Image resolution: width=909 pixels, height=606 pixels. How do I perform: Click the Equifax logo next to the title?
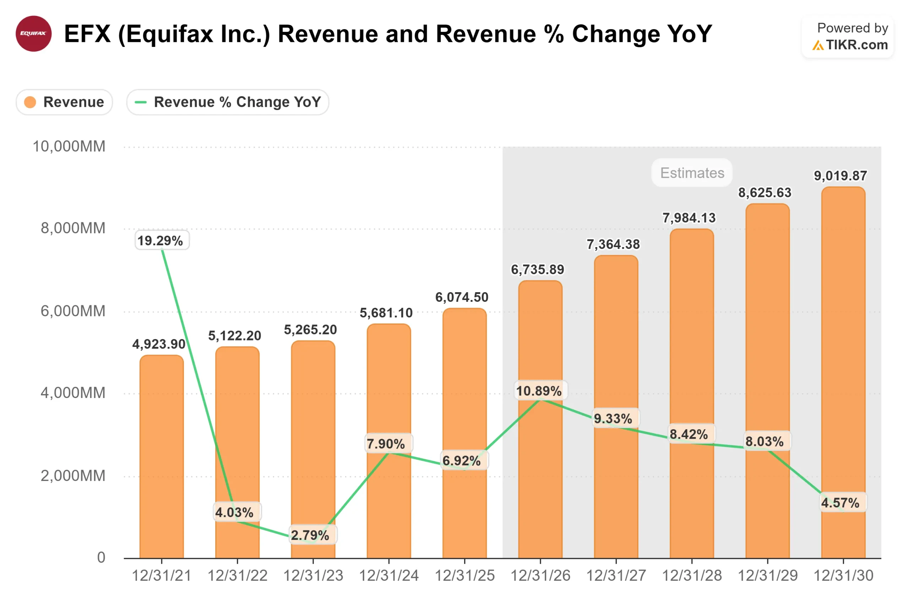pos(33,34)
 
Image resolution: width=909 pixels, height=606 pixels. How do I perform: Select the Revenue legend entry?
pos(65,102)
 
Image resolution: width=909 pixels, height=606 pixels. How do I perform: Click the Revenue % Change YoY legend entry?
pos(228,102)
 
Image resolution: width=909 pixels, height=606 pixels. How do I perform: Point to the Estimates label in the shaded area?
pos(692,173)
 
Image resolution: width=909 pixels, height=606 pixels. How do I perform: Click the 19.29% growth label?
pos(160,241)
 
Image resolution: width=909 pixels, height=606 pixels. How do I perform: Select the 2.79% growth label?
pos(310,535)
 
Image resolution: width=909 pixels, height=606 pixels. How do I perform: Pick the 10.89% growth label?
pos(539,391)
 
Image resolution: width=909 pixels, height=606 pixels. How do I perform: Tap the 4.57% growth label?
pos(840,503)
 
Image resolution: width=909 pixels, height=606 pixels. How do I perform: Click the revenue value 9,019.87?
pos(840,176)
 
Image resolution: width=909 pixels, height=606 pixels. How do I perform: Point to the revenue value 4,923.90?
pos(159,344)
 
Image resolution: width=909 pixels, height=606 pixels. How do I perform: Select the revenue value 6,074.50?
pos(462,297)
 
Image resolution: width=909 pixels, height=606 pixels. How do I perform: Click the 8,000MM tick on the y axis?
pos(73,228)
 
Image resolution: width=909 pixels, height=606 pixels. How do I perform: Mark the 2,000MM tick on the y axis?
pos(73,476)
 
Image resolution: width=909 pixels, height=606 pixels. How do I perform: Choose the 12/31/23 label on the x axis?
pos(313,576)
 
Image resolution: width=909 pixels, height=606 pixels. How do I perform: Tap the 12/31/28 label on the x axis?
pos(692,576)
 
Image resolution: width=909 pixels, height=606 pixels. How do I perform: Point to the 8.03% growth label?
pos(764,441)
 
